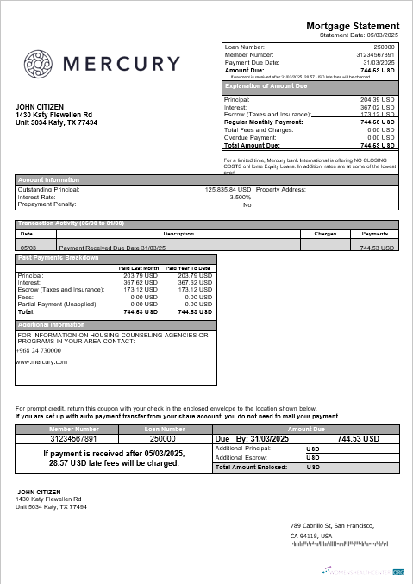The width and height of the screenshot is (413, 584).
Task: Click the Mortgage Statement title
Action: (353, 26)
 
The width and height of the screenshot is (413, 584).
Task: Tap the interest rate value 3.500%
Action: (241, 197)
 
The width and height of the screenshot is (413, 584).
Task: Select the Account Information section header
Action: (49, 179)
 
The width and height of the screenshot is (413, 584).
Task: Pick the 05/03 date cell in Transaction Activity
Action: (27, 247)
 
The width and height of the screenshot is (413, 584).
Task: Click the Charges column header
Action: (325, 234)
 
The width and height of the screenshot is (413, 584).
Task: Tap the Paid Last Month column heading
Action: (138, 268)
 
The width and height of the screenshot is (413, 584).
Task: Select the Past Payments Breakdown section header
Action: (59, 258)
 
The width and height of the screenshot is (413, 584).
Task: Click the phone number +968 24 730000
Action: (39, 350)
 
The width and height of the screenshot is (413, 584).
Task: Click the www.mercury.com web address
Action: (41, 362)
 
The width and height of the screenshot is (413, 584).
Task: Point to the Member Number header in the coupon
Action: (74, 428)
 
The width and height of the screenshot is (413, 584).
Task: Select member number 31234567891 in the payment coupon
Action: (74, 438)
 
